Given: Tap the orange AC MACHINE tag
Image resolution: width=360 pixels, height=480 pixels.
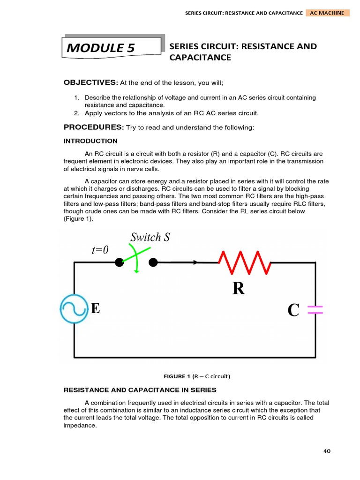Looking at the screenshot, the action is (x=327, y=13).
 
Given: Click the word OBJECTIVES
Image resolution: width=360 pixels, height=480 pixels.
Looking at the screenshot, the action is (x=90, y=83).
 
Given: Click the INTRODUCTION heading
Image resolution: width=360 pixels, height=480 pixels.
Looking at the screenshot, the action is (x=90, y=141).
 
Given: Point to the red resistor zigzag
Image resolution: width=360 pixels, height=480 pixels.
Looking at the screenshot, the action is (x=243, y=262).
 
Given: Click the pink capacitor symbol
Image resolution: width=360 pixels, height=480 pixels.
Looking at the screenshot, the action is (x=315, y=309).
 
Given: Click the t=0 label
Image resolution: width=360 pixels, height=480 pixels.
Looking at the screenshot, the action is (x=100, y=250).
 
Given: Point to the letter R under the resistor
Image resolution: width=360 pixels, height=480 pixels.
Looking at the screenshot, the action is (x=238, y=289).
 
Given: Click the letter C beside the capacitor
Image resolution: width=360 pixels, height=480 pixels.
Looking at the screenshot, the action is (x=293, y=310).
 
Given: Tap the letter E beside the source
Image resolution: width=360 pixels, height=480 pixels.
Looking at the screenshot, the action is (x=95, y=308).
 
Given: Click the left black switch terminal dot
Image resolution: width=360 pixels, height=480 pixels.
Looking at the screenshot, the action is (x=119, y=262).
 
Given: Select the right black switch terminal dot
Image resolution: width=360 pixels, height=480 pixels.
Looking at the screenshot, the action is (x=153, y=262).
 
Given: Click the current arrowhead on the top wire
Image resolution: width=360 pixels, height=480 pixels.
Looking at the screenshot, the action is (x=195, y=262).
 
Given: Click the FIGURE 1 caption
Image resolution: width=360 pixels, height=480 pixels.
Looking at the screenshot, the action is (x=197, y=376).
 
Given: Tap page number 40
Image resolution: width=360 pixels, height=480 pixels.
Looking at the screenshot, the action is (x=327, y=451).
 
